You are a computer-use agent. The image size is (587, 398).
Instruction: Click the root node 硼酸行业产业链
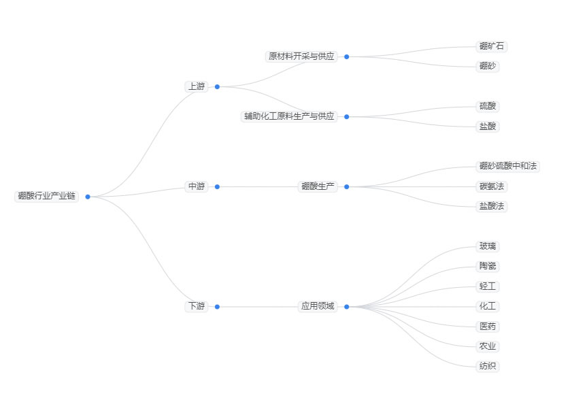pyautogui.click(x=47, y=197)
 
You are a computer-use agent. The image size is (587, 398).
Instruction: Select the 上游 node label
pyautogui.click(x=196, y=86)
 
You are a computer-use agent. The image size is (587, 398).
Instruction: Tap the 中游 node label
pyautogui.click(x=196, y=186)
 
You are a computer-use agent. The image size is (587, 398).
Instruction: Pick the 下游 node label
pyautogui.click(x=196, y=307)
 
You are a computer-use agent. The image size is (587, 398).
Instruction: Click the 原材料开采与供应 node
pyautogui.click(x=301, y=56)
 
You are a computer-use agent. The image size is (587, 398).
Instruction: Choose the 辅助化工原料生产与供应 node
pyautogui.click(x=290, y=116)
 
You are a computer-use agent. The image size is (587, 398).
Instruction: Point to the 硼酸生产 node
pyautogui.click(x=318, y=186)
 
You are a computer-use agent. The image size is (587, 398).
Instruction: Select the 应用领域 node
pyautogui.click(x=318, y=307)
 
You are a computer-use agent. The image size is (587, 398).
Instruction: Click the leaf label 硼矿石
pyautogui.click(x=492, y=46)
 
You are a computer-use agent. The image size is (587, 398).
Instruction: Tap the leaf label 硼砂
pyautogui.click(x=488, y=66)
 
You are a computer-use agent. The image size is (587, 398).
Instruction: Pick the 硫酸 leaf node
pyautogui.click(x=488, y=106)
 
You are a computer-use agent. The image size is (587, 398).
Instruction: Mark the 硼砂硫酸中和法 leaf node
pyautogui.click(x=507, y=166)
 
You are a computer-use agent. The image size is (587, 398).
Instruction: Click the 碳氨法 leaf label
pyautogui.click(x=492, y=186)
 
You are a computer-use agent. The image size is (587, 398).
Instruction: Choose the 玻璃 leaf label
pyautogui.click(x=488, y=246)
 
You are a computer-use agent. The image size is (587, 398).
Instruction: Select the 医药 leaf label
pyautogui.click(x=488, y=327)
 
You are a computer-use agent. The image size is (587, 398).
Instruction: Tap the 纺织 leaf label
pyautogui.click(x=488, y=367)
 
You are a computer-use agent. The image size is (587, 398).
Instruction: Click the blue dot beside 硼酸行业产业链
pyautogui.click(x=88, y=197)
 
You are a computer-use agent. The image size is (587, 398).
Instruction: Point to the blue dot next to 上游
pyautogui.click(x=217, y=86)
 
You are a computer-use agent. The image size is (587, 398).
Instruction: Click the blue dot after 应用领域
pyautogui.click(x=346, y=307)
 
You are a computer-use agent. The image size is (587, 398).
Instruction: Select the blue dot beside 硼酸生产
pyautogui.click(x=346, y=186)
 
